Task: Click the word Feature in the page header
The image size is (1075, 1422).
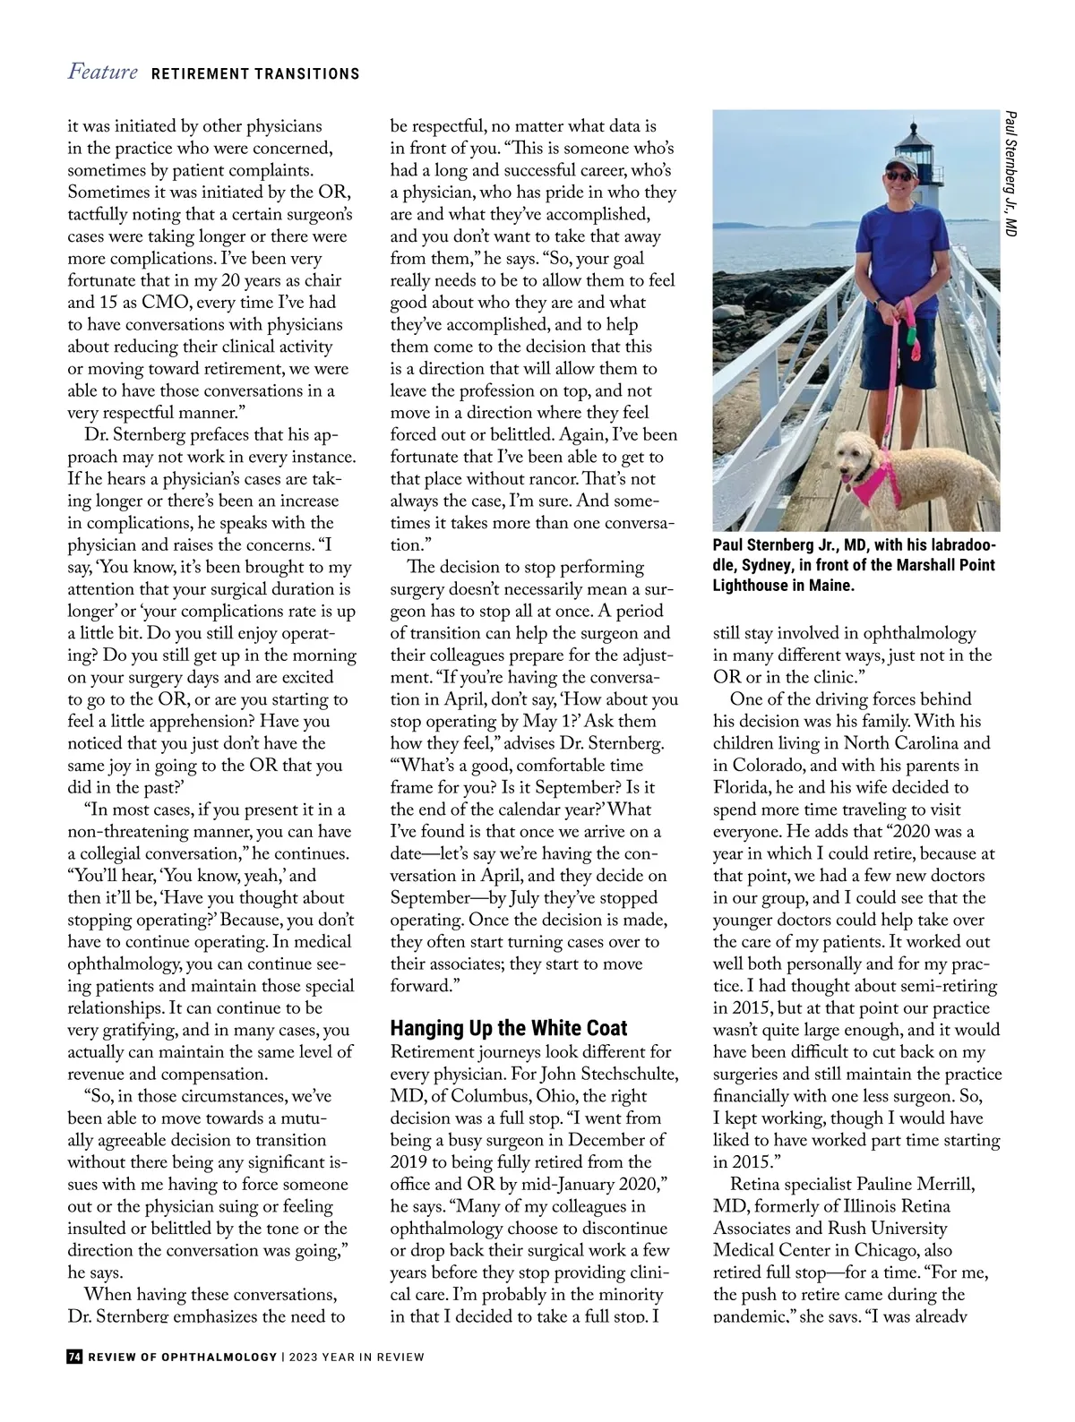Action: [x=102, y=73]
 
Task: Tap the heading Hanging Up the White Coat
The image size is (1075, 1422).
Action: [x=509, y=1028]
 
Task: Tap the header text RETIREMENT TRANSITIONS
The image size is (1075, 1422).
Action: [x=255, y=74]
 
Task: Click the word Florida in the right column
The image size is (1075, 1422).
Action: [x=743, y=787]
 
